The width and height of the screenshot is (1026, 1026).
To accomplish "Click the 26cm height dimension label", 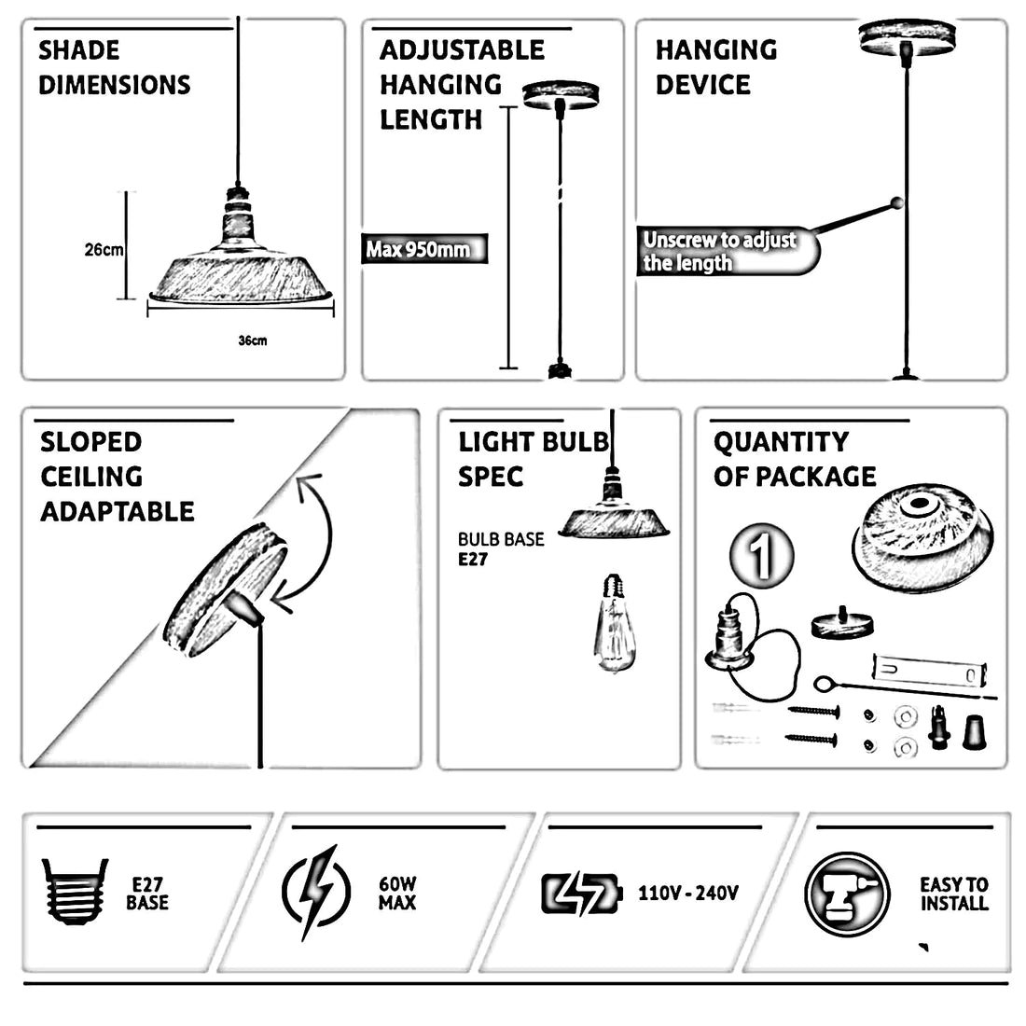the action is [104, 249].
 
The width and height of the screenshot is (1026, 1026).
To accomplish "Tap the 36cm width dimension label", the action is [253, 340].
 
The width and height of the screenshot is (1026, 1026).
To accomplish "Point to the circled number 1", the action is [762, 556].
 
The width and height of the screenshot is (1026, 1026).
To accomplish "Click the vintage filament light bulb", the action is [614, 623].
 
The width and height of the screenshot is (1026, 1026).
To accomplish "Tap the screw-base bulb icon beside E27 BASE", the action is [75, 891].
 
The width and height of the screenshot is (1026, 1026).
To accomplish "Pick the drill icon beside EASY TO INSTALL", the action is [847, 894].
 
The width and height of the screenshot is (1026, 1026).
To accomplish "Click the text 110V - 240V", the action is [688, 894].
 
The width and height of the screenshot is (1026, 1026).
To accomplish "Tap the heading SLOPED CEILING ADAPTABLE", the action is [118, 477].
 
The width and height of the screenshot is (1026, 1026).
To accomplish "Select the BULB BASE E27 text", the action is [501, 549].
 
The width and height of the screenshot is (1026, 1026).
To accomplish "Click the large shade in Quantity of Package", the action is [922, 538].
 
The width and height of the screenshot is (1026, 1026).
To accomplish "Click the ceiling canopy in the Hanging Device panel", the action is [907, 38].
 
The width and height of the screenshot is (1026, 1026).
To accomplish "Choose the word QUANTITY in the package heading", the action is [781, 443].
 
